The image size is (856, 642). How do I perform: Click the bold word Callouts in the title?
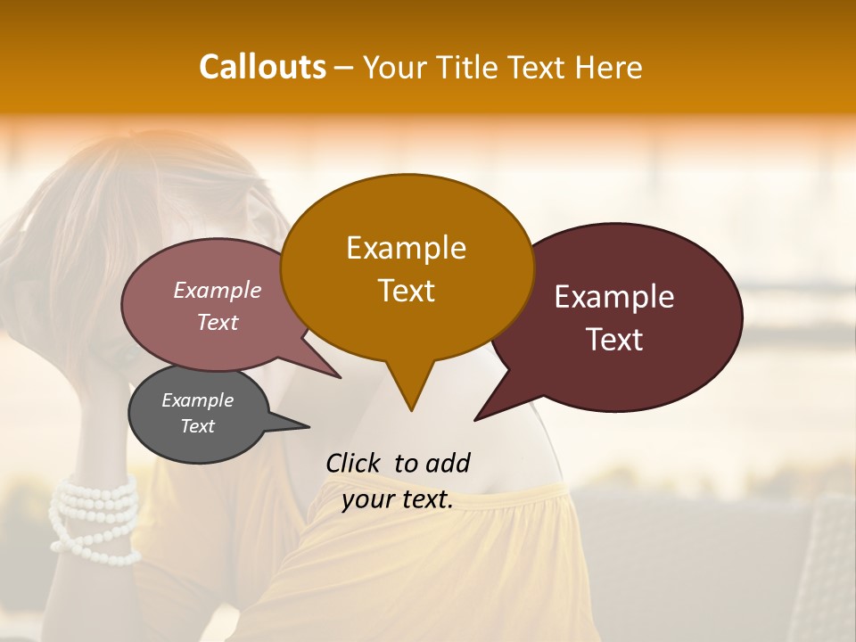tap(262, 67)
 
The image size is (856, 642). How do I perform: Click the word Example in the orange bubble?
tap(406, 248)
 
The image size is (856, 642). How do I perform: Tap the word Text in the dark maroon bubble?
tap(614, 339)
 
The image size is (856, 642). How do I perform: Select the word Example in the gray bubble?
tap(197, 400)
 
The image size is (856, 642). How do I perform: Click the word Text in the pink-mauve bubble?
tap(218, 322)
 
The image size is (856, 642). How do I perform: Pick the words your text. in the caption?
tap(398, 499)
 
